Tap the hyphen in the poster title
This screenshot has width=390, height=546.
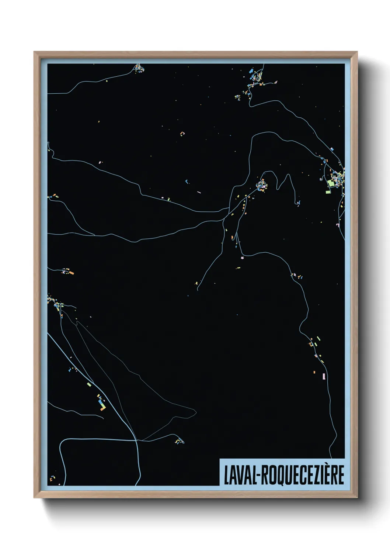tap(260, 476)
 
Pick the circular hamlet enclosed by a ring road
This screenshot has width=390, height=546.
tap(262, 184)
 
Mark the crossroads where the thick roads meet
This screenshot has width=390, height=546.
tap(137, 440)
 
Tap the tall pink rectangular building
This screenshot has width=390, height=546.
tap(324, 376)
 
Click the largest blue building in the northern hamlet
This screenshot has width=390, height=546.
tap(251, 70)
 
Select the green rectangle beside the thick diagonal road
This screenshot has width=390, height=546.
tap(89, 384)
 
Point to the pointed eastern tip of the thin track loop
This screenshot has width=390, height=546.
tap(196, 410)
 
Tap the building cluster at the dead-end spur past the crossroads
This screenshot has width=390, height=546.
tap(178, 441)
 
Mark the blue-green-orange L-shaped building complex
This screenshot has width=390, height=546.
tap(101, 405)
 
